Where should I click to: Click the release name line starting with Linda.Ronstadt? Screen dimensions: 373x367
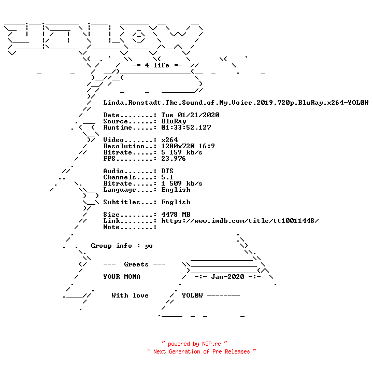pos(236,103)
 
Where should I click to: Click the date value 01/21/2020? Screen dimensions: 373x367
pos(198,115)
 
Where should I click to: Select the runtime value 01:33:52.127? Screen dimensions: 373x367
pos(186,128)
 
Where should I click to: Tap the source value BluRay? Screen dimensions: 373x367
pos(174,121)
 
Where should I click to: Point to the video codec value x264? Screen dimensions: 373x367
pos(169,140)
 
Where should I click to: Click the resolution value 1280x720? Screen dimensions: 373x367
pos(178,146)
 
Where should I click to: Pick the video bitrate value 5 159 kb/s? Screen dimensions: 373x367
pos(182,152)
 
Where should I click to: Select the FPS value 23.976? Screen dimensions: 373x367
pos(174,159)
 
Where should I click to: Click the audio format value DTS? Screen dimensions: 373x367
pos(167,171)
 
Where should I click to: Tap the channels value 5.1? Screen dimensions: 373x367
pos(167,177)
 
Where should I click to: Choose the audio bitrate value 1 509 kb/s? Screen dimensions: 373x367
pos(182,183)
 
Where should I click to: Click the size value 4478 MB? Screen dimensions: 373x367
pos(176,215)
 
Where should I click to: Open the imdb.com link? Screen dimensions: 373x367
pos(240,221)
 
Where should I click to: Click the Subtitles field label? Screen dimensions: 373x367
pos(122,202)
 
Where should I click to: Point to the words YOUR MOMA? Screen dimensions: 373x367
pos(122,277)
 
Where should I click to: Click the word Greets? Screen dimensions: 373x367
pos(136,264)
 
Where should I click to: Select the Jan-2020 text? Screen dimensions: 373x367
pos(227,277)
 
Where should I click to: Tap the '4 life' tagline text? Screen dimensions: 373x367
pos(157,65)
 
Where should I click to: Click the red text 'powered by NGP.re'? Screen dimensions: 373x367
pos(194,344)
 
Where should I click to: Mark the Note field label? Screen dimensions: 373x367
pos(111,227)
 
